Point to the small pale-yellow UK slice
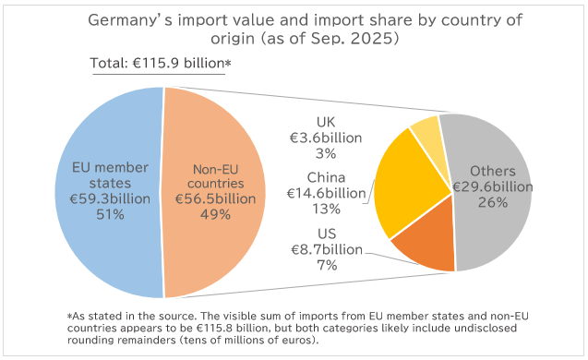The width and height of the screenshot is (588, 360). [x=426, y=135]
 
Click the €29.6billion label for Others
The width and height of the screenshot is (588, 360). [x=492, y=187]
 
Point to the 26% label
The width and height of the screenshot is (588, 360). [x=492, y=203]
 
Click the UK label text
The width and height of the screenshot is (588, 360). [x=326, y=121]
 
